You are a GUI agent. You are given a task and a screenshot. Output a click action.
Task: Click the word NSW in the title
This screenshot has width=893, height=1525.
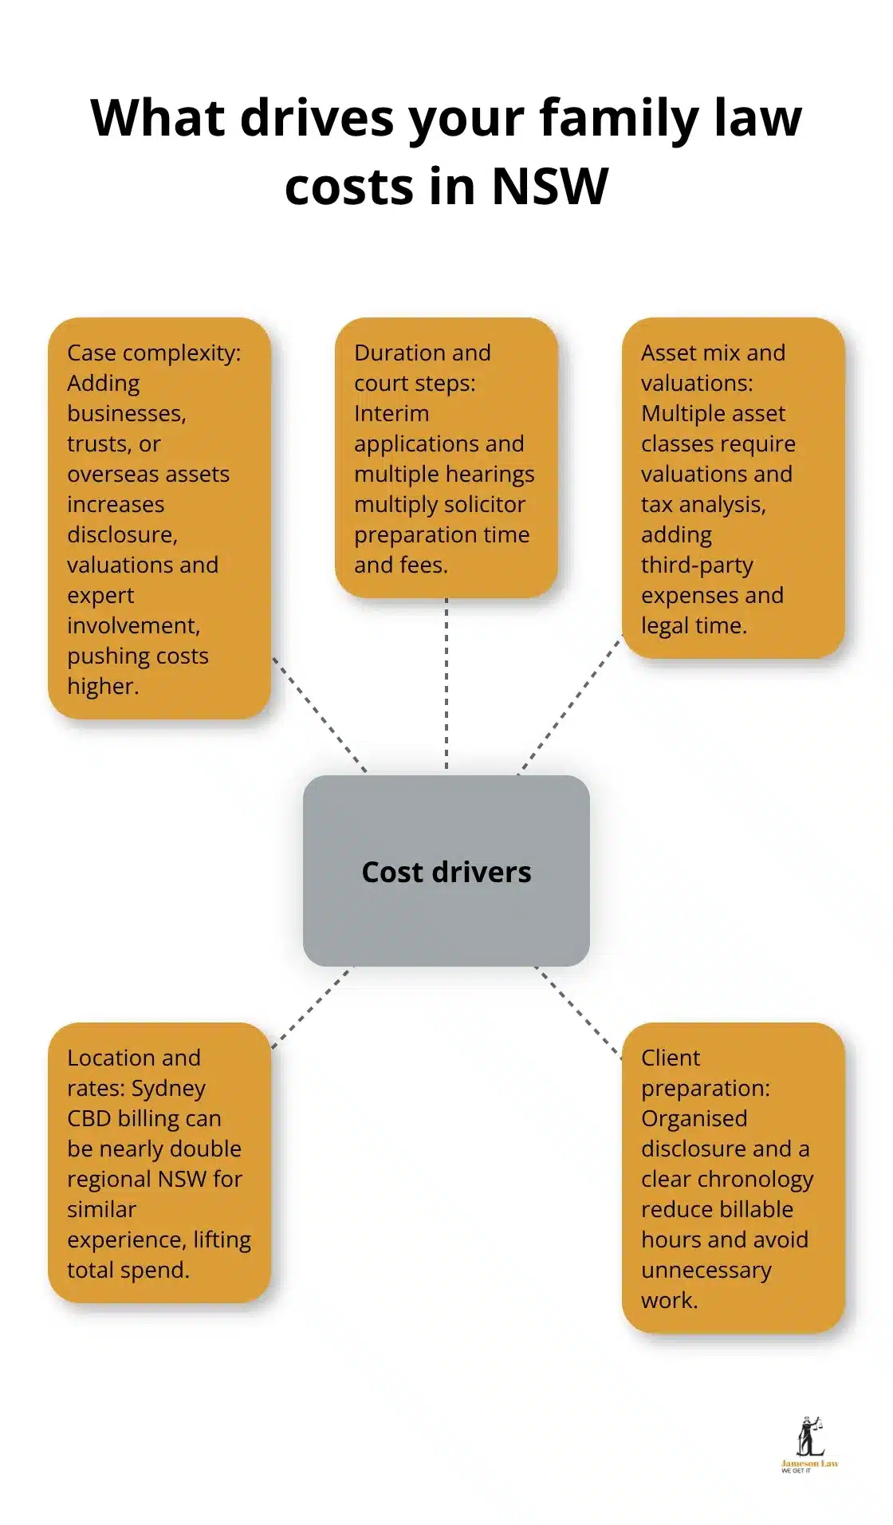tap(549, 187)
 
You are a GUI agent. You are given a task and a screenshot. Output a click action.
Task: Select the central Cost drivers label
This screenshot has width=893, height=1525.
tap(446, 872)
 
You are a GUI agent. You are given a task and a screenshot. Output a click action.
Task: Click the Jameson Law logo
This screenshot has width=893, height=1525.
tap(809, 1444)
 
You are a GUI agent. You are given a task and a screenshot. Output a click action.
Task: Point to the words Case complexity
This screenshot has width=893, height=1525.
tap(153, 353)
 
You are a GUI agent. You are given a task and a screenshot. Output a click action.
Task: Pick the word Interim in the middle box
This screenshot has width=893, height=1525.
tap(391, 413)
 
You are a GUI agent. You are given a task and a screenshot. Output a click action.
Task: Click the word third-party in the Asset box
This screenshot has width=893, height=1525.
tap(697, 565)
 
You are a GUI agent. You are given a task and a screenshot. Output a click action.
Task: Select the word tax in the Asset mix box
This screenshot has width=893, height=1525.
tap(656, 504)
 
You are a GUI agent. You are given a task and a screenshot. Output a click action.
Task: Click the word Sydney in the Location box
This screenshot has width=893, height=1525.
tap(168, 1088)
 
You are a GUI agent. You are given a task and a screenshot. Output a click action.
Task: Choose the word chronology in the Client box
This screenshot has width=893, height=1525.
tap(764, 1179)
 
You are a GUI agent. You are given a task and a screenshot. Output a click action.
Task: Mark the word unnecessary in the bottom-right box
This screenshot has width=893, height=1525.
tap(706, 1270)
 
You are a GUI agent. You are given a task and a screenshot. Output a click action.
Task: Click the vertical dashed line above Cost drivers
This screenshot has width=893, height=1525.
tap(447, 686)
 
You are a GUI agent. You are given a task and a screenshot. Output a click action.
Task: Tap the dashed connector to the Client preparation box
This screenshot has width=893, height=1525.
tap(578, 1011)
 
